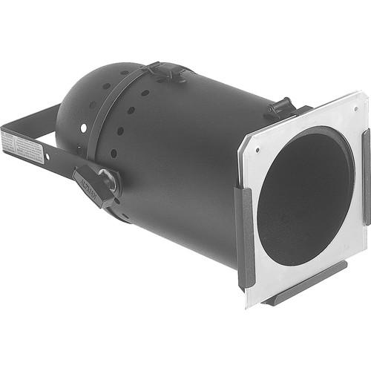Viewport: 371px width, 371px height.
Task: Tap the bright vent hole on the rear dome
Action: click(x=84, y=128)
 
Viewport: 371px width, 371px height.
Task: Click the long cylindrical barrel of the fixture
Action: click(x=193, y=163)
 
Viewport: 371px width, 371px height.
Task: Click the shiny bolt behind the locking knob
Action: click(x=109, y=179)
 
